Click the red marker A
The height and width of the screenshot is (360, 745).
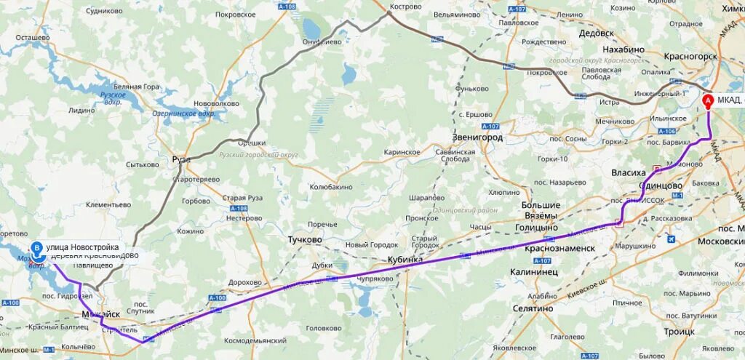(708, 100)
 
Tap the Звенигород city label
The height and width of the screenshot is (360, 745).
(477, 137)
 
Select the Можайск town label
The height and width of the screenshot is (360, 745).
(100, 314)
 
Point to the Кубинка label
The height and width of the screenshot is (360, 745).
(405, 259)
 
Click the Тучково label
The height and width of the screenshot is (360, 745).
(304, 239)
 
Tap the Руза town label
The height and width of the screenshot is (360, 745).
(180, 159)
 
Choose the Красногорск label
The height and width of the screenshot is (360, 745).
(690, 56)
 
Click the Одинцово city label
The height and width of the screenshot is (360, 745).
(663, 186)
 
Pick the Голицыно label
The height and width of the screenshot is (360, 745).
(536, 228)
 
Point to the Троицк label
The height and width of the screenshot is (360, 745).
(679, 331)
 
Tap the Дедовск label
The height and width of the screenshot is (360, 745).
(597, 33)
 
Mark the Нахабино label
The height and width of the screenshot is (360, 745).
(624, 49)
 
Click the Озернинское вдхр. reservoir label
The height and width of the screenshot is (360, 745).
(184, 113)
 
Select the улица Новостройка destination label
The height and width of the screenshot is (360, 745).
(82, 247)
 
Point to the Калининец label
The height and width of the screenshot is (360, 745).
(533, 271)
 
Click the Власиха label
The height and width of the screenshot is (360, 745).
(629, 173)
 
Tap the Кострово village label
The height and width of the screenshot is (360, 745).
(406, 7)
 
